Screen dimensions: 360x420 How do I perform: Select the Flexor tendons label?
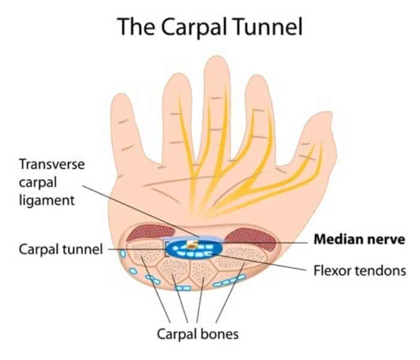click(x=359, y=270)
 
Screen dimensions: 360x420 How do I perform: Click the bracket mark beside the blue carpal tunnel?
click(x=166, y=248)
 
